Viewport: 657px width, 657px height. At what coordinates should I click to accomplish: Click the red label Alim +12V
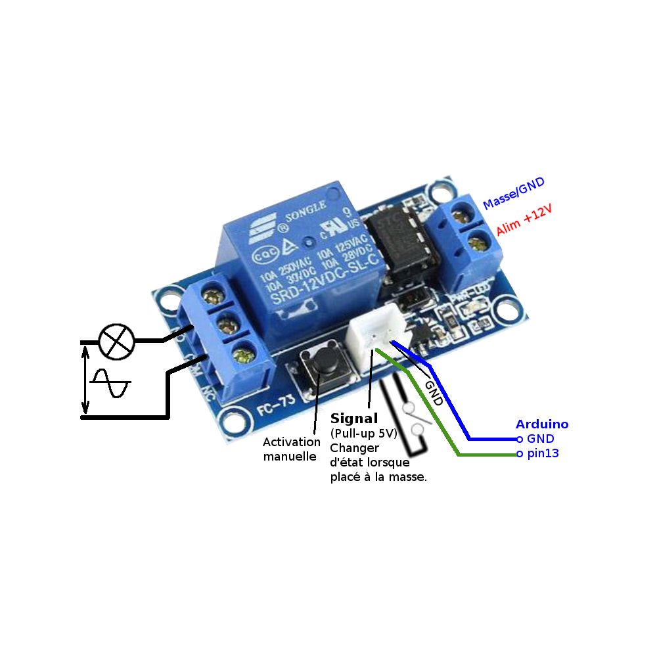click(524, 220)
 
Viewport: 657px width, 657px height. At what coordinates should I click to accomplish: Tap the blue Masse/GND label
click(513, 194)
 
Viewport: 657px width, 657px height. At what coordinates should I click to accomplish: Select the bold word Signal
click(354, 419)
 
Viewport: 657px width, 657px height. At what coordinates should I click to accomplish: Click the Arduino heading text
click(542, 424)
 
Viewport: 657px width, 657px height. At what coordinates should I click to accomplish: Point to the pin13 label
click(543, 453)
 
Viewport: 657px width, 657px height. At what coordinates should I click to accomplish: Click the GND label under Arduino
click(541, 439)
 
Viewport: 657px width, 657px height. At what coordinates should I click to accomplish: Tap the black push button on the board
click(323, 362)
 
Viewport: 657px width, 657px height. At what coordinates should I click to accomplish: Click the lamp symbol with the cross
click(116, 342)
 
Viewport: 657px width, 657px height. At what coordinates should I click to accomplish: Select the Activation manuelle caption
click(289, 448)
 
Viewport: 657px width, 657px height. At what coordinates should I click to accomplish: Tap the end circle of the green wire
click(520, 454)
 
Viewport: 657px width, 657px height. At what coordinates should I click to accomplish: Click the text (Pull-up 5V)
click(363, 434)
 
